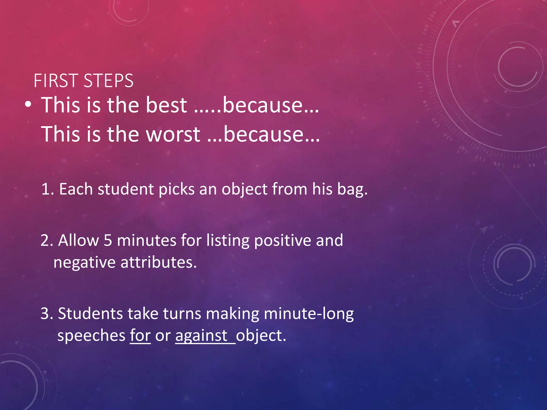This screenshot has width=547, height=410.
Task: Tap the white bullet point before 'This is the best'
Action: click(28, 105)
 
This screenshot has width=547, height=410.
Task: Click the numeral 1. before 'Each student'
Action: click(48, 189)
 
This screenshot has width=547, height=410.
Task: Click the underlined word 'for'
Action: click(140, 336)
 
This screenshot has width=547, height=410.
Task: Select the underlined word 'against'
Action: click(201, 336)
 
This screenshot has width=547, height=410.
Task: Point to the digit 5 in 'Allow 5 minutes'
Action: click(108, 240)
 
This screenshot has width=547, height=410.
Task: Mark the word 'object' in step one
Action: click(244, 189)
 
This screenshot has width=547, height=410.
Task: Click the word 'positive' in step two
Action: click(283, 240)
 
